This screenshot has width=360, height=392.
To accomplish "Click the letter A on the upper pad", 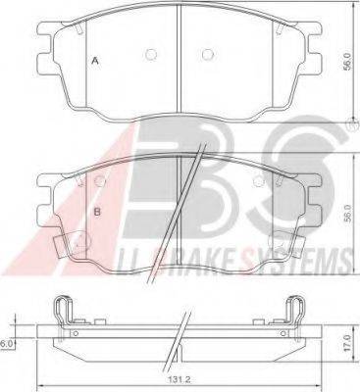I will (94, 61).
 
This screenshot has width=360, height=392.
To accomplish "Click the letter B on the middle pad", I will (96, 211).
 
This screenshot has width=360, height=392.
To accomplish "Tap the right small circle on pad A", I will (205, 54).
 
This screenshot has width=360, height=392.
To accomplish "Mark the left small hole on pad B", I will (102, 178).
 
